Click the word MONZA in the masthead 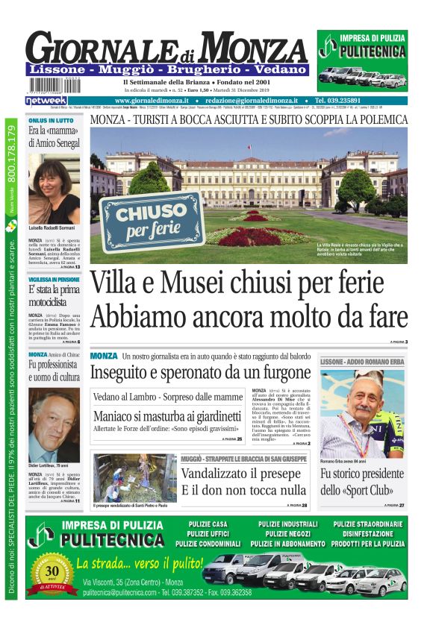tap(255, 48)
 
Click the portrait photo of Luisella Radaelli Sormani tap(54, 189)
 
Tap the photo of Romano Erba tap(362, 414)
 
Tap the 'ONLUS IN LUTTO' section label tap(51, 120)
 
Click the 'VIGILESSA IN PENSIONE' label tap(54, 279)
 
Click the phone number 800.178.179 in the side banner tap(11, 160)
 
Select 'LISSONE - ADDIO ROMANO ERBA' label tap(361, 362)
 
